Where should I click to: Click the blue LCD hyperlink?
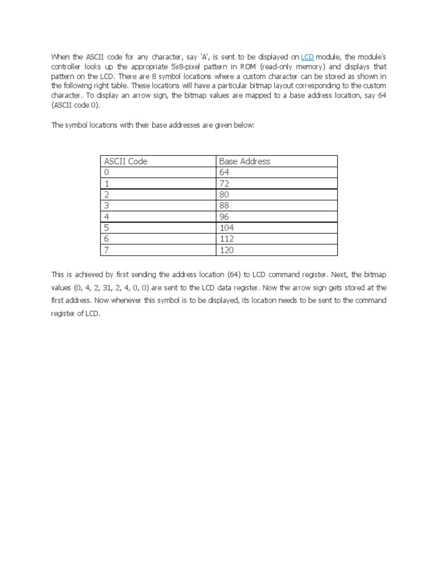[x=307, y=57]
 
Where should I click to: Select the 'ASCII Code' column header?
[x=126, y=161]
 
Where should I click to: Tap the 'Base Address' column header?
[x=245, y=161]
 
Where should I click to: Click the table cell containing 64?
[x=224, y=172]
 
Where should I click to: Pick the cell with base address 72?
[x=224, y=184]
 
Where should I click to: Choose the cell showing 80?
[x=224, y=194]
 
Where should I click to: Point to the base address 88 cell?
[x=224, y=206]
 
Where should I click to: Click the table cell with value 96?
[x=224, y=217]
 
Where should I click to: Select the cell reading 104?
[x=226, y=228]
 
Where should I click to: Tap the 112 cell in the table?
[x=226, y=239]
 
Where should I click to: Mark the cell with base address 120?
[x=226, y=250]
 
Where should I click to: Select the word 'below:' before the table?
[x=242, y=125]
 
